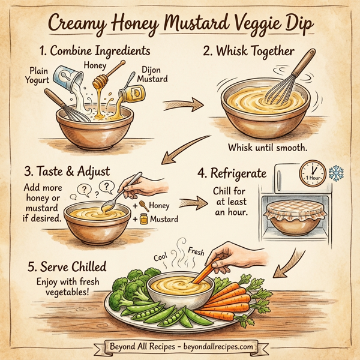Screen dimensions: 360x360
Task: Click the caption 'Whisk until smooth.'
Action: click(x=267, y=148)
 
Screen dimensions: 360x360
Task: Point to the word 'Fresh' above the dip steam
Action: click(x=197, y=250)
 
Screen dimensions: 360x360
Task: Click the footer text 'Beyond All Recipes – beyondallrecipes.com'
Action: click(x=180, y=346)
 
